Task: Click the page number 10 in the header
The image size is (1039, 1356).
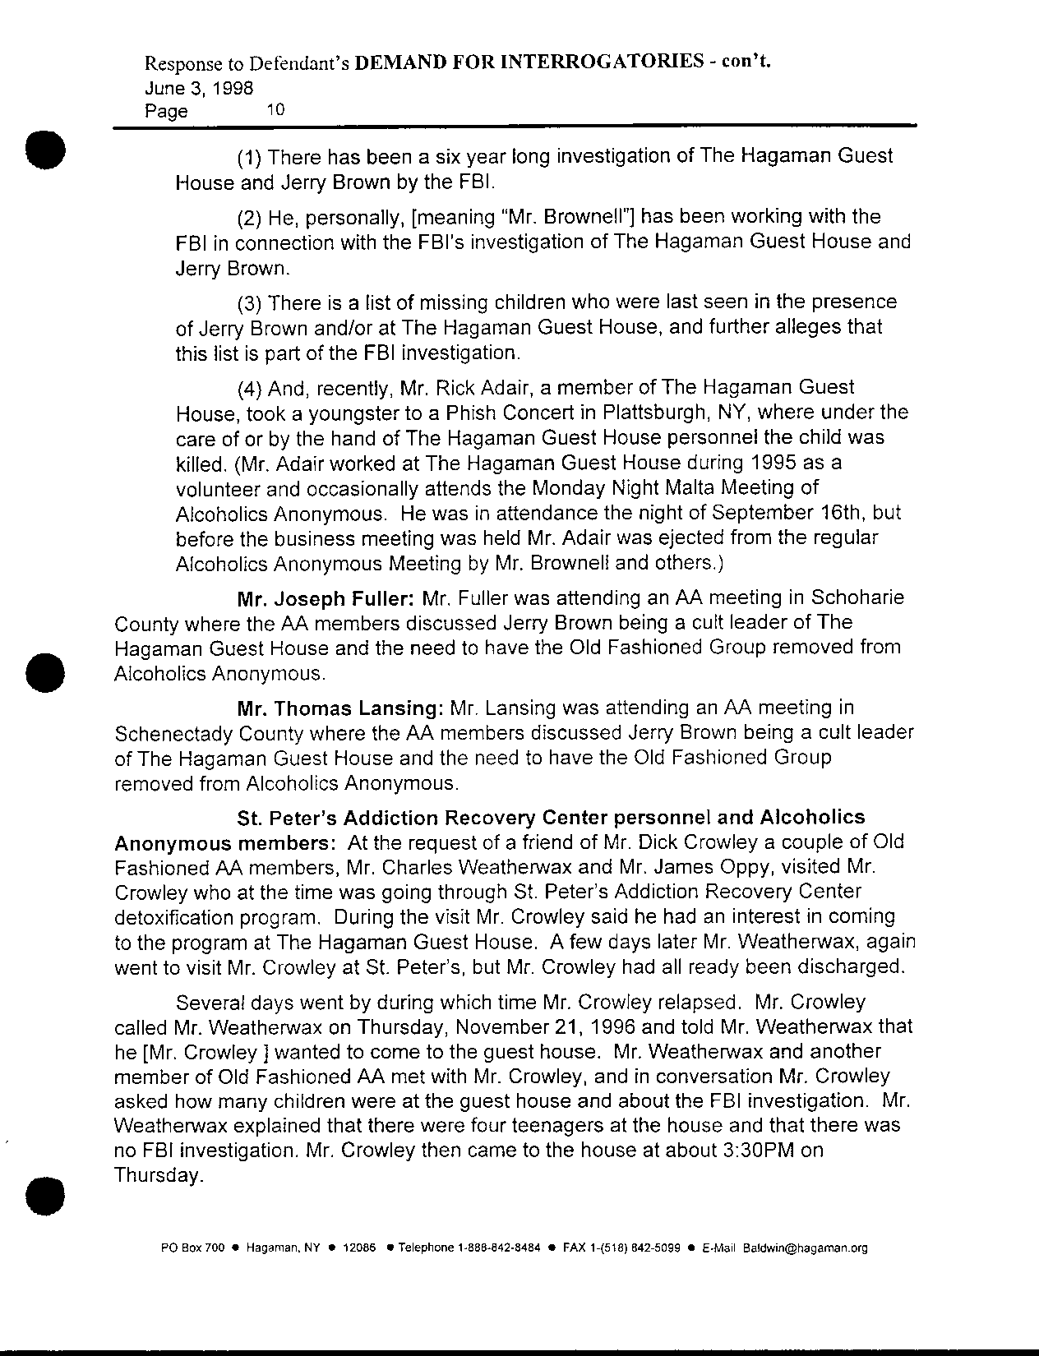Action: [x=275, y=109]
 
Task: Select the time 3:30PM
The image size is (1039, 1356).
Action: [x=757, y=1150]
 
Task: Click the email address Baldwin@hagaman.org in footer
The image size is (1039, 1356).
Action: [x=806, y=1248]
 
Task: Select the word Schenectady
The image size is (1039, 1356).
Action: [x=173, y=732]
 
